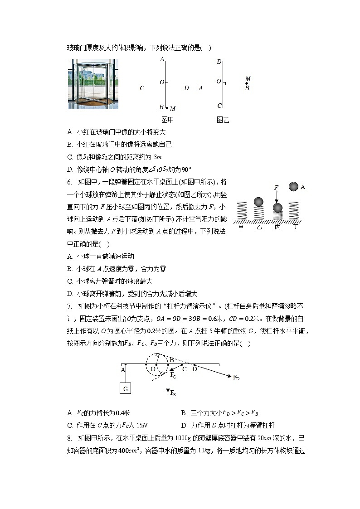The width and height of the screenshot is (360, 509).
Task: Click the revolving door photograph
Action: tap(93, 84)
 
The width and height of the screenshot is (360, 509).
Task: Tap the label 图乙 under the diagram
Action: tap(223, 120)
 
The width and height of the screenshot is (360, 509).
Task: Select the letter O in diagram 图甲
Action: tap(161, 82)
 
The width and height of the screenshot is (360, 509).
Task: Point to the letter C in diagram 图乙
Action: tap(219, 106)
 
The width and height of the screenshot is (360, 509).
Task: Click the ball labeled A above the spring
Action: tap(293, 186)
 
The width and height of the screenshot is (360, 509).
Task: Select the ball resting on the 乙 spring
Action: tap(258, 201)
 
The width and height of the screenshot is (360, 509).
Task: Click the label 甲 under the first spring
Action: tap(241, 227)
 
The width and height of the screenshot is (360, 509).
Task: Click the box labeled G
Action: tap(126, 388)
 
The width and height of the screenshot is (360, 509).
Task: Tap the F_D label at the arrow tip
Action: tap(236, 378)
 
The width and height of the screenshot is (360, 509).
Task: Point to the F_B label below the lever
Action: tap(173, 393)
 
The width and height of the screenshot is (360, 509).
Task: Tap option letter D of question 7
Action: tap(184, 425)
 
